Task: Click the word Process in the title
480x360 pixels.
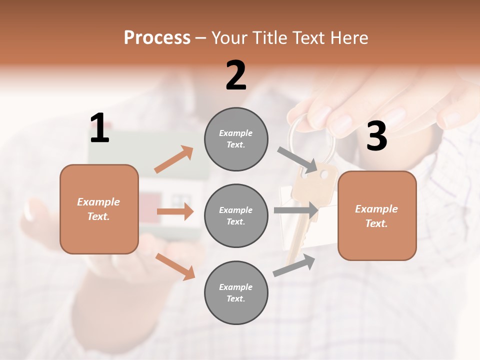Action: (x=157, y=37)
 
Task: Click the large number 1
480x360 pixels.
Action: (x=99, y=128)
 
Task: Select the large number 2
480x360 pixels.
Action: (x=236, y=75)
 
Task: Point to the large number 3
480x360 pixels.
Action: (x=376, y=136)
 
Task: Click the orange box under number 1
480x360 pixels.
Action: (x=99, y=209)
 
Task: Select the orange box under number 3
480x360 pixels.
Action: (x=377, y=215)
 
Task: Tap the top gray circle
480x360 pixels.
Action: (x=236, y=139)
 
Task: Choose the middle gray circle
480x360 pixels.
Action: (x=236, y=215)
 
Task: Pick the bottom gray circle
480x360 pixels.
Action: (x=236, y=292)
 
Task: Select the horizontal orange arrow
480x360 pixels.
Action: (x=175, y=211)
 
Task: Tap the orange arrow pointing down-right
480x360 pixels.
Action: (x=175, y=266)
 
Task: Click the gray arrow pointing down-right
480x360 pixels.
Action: (x=298, y=159)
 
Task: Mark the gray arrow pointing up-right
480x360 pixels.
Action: (x=294, y=265)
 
